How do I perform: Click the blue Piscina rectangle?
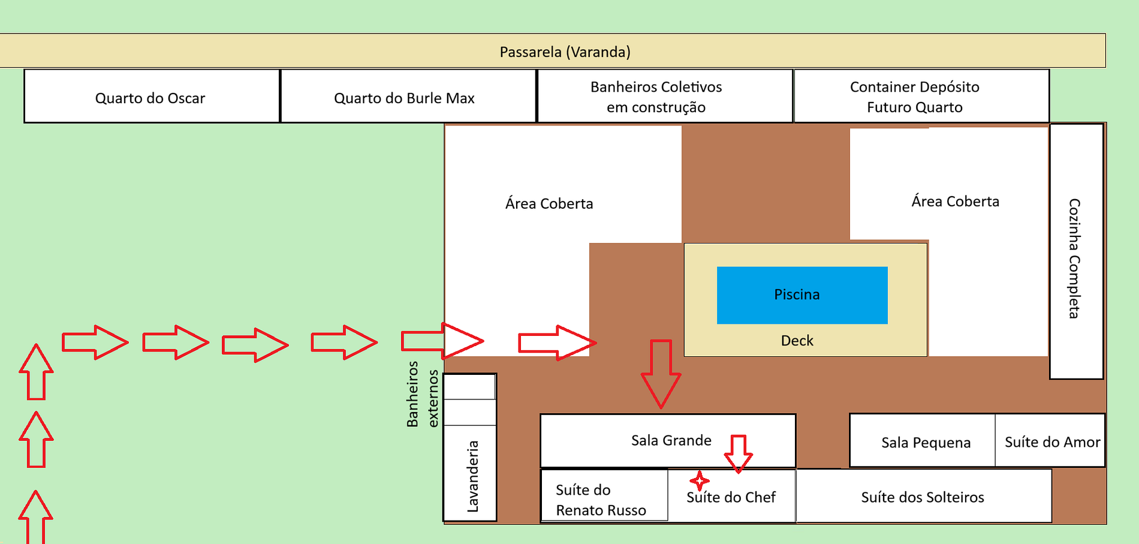point(802,295)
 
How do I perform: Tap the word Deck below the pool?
point(797,341)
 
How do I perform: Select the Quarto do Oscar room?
point(151,97)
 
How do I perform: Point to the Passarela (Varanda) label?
point(565,52)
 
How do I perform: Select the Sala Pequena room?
point(925,443)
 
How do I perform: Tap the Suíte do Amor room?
point(1052,442)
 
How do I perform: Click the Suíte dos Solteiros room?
point(923,497)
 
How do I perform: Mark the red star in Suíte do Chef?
point(699,480)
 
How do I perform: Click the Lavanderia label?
point(472,476)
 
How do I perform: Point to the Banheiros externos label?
point(422,394)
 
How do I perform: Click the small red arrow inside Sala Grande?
point(738,453)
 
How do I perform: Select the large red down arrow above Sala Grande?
point(661,373)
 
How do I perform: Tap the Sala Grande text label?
point(671,440)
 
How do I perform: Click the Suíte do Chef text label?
point(731,497)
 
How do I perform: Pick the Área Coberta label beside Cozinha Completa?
point(955,202)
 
